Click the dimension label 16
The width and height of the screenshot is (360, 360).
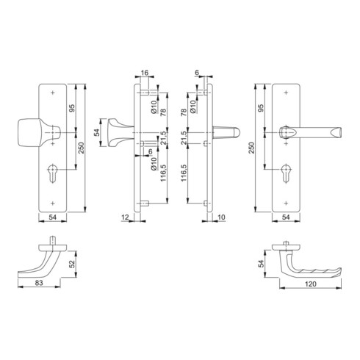pyautogui.click(x=145, y=73)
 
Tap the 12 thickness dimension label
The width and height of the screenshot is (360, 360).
pyautogui.click(x=125, y=217)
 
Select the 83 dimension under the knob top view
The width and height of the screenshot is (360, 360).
pyautogui.click(x=39, y=283)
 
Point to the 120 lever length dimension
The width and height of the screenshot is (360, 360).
pyautogui.click(x=311, y=284)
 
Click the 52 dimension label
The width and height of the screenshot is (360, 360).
pyautogui.click(x=72, y=264)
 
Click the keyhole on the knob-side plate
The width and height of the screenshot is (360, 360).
pyautogui.click(x=53, y=173)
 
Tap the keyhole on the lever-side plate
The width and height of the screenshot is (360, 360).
pyautogui.click(x=286, y=173)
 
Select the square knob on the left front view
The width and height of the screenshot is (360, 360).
pyautogui.click(x=39, y=132)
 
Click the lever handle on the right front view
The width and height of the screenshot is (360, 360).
pyautogui.click(x=310, y=132)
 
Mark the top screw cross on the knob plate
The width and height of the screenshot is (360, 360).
pyautogui.click(x=53, y=93)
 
